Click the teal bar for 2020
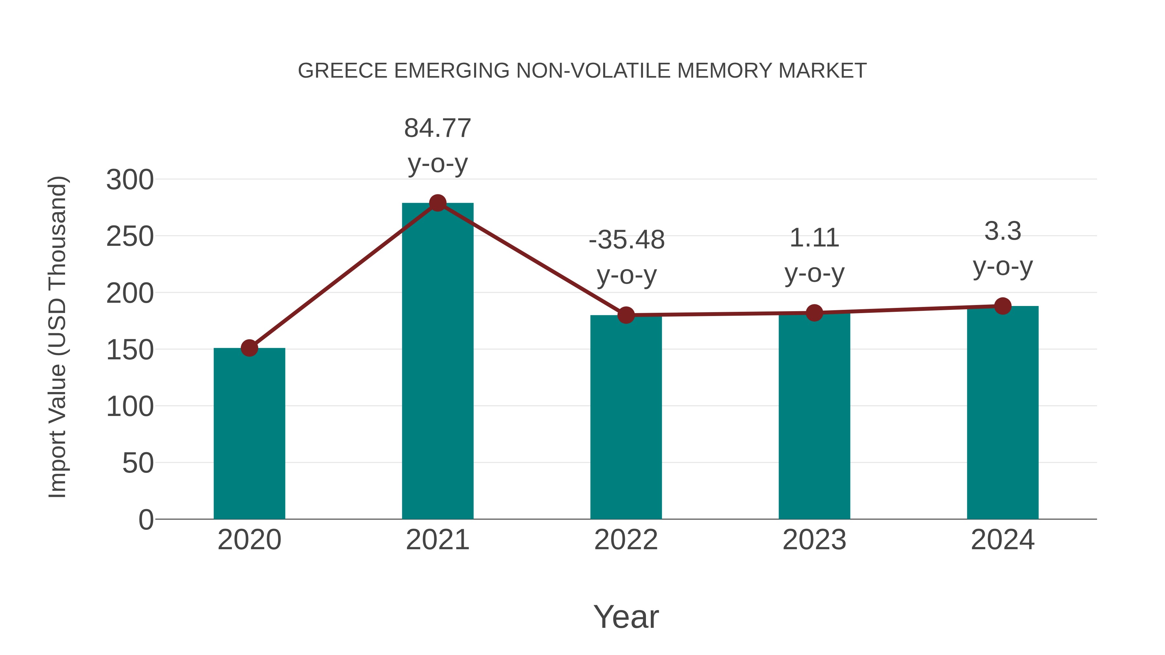point(249,434)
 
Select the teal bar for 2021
point(437,362)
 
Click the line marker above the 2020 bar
point(249,348)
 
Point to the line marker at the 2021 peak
point(437,203)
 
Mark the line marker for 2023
point(814,313)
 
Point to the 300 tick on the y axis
point(130,180)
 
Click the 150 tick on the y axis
point(130,350)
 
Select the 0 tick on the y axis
point(146,520)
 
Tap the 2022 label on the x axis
point(626,540)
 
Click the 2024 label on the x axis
point(1003,540)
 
